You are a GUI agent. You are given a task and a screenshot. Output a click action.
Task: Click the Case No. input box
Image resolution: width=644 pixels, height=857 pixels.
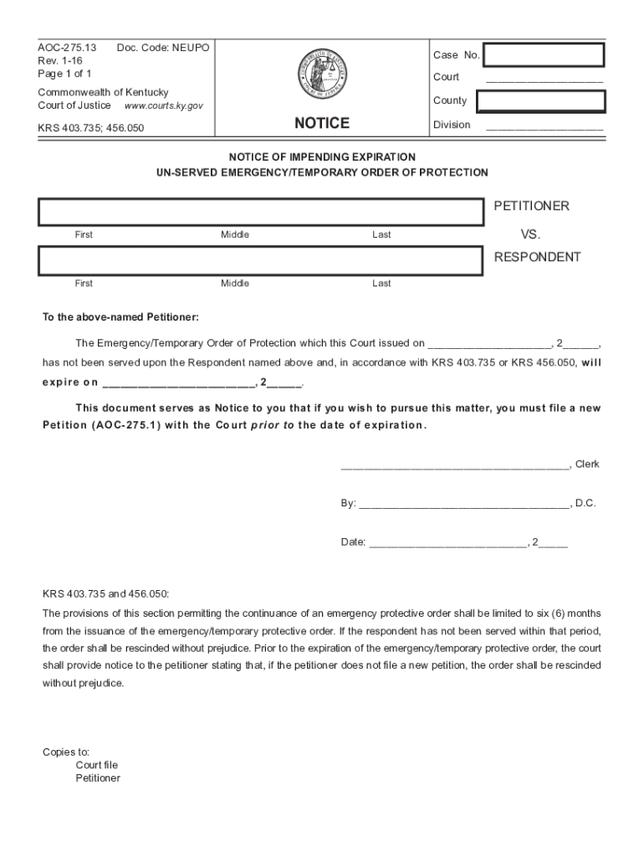click(544, 55)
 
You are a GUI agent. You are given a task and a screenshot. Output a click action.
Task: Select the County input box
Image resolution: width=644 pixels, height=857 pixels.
click(540, 101)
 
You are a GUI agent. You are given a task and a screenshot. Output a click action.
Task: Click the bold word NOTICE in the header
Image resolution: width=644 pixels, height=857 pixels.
click(322, 123)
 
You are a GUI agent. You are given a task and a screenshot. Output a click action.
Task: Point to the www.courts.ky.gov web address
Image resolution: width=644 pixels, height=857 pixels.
click(163, 106)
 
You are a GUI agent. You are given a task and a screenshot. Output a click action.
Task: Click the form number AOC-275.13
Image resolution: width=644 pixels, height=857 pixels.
click(67, 48)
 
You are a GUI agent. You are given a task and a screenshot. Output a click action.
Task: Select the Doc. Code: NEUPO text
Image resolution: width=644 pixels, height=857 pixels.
click(163, 48)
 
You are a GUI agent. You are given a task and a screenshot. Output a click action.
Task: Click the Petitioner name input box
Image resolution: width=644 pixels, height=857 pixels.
click(260, 213)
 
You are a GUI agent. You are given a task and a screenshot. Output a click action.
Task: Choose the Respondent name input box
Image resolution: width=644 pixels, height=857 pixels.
click(260, 261)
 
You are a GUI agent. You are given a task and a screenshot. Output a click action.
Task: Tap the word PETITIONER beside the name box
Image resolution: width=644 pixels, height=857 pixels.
click(531, 206)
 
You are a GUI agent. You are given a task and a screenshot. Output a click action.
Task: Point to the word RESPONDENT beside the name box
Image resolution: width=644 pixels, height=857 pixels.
click(537, 257)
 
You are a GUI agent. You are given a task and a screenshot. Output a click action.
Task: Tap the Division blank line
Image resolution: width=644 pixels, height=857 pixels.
click(544, 128)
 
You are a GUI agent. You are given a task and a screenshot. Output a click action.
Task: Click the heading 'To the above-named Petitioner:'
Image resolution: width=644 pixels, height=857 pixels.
click(121, 317)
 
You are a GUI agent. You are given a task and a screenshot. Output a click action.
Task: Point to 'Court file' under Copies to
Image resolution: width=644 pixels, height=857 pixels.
click(97, 765)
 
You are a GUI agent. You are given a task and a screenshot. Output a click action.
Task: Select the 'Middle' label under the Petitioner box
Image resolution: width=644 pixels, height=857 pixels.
click(235, 235)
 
